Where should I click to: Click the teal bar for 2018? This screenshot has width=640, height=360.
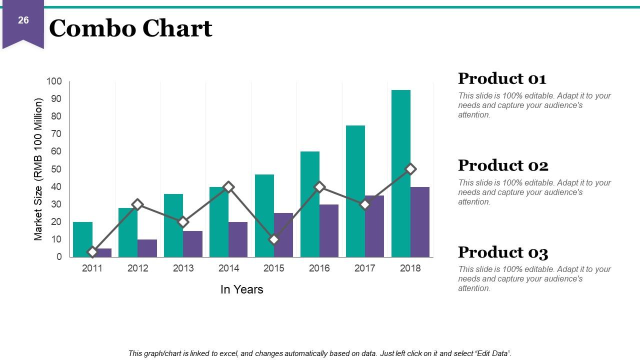coord(401,173)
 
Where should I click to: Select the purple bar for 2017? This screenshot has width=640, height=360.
coord(374,226)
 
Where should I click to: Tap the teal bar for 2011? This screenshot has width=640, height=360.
coord(82,239)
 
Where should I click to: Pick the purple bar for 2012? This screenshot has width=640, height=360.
coord(147,248)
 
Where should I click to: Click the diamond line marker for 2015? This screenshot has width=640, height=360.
coord(274,239)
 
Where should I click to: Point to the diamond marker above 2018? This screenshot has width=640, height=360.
coord(410,169)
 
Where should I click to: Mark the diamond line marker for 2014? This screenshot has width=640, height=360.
coord(228,187)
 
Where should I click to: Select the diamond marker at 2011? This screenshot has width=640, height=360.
coord(92,252)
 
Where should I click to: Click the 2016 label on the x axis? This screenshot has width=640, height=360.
coord(319,268)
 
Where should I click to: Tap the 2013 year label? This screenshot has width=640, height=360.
coord(183,268)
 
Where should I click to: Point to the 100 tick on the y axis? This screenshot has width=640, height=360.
coord(54,81)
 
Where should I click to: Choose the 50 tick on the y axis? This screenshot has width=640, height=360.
coord(56,169)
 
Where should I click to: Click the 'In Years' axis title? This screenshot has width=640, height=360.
coord(241,289)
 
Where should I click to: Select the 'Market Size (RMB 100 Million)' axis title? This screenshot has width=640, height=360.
coord(38,169)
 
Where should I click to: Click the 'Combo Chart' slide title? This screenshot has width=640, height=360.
coord(131,28)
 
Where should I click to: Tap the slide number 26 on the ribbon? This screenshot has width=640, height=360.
coord(23,20)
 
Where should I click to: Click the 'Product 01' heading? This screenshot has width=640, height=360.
coord(502,78)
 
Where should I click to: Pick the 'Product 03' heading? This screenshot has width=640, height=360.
coord(503,252)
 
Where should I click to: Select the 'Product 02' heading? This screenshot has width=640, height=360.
coord(503,165)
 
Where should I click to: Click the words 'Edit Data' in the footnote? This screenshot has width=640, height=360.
coord(493,353)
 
